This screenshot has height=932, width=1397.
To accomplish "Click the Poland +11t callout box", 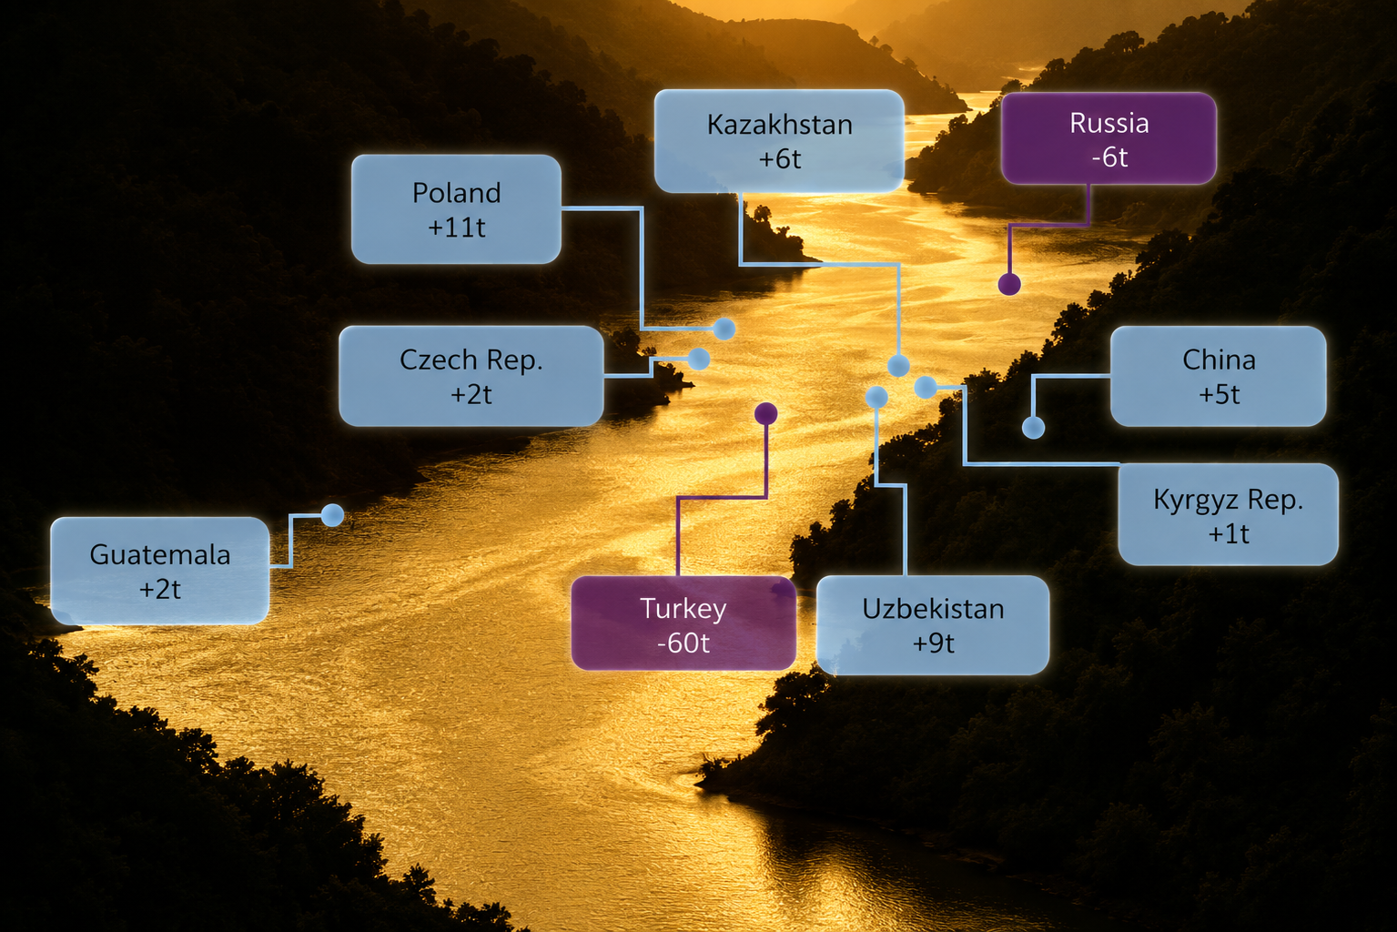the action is pos(456,209).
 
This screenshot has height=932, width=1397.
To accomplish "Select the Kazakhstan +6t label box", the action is pos(779,141).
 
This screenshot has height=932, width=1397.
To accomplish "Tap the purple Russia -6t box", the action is pos(1108,138).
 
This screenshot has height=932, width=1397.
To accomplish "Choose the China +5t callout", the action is pos(1218,376).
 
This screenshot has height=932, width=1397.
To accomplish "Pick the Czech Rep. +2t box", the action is pos(471,376).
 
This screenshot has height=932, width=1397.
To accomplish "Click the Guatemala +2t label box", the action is pos(159,571).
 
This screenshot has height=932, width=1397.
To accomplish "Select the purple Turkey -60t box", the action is pos(683,623).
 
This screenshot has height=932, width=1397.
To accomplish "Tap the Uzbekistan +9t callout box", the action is pos(932,625).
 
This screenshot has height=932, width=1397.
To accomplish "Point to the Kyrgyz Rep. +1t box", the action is pos(1228,514).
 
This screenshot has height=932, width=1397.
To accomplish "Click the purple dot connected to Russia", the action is pos(1009,285).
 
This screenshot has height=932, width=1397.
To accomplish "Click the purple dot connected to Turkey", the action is pos(766,413).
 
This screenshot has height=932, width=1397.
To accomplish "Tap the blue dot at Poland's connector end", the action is pos(724,329).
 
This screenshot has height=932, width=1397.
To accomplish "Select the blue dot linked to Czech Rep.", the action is pos(699,359).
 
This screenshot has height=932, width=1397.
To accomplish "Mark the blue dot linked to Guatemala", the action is pos(332,515).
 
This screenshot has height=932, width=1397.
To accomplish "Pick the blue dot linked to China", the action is pos(1033,428).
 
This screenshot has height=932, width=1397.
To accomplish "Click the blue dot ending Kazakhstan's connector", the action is pos(898,366).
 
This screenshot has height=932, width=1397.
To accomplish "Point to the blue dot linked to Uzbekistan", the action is pos(876,397).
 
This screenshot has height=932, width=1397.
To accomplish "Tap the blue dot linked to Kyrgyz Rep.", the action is pos(926,388).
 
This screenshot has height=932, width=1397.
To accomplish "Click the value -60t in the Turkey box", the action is pos(683,643).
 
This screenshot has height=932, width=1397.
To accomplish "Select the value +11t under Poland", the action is pos(456,227).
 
